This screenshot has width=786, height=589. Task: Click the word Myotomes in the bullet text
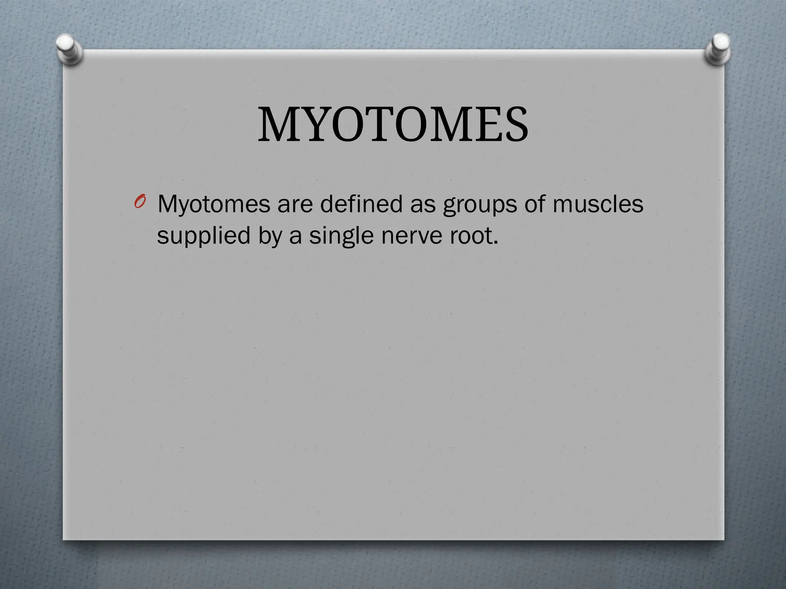coord(214,205)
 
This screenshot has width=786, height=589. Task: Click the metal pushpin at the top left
coord(69,49)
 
